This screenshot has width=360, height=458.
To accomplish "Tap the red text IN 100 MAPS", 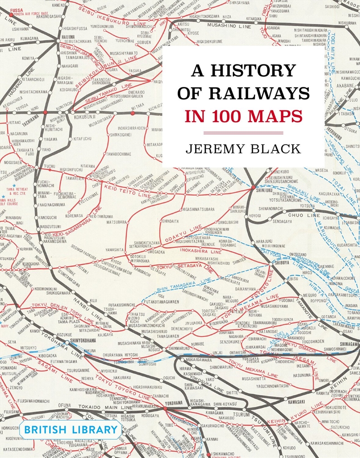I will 243,115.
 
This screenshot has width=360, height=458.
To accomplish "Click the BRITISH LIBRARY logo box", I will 70,429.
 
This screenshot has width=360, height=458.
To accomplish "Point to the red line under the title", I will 243,132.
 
